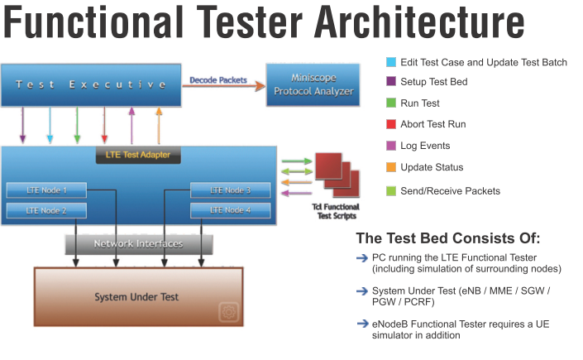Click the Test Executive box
(x=91, y=85)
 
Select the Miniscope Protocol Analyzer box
(x=313, y=84)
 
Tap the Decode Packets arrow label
(x=218, y=80)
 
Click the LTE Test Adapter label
(x=138, y=155)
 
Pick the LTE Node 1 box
(x=46, y=190)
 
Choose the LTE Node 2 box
(x=46, y=211)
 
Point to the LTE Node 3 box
(x=231, y=190)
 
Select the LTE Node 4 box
(x=231, y=210)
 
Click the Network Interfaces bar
(x=139, y=244)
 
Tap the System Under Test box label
(x=136, y=297)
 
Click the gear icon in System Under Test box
(x=229, y=312)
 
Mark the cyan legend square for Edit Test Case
(x=391, y=62)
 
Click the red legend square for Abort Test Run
(x=391, y=124)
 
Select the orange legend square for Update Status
(x=391, y=167)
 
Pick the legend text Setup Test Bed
(x=434, y=82)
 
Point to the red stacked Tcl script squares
(x=337, y=175)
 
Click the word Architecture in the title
(x=419, y=22)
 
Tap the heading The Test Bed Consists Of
(x=448, y=238)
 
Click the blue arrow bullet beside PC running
(x=362, y=258)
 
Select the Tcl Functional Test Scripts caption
(x=336, y=212)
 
